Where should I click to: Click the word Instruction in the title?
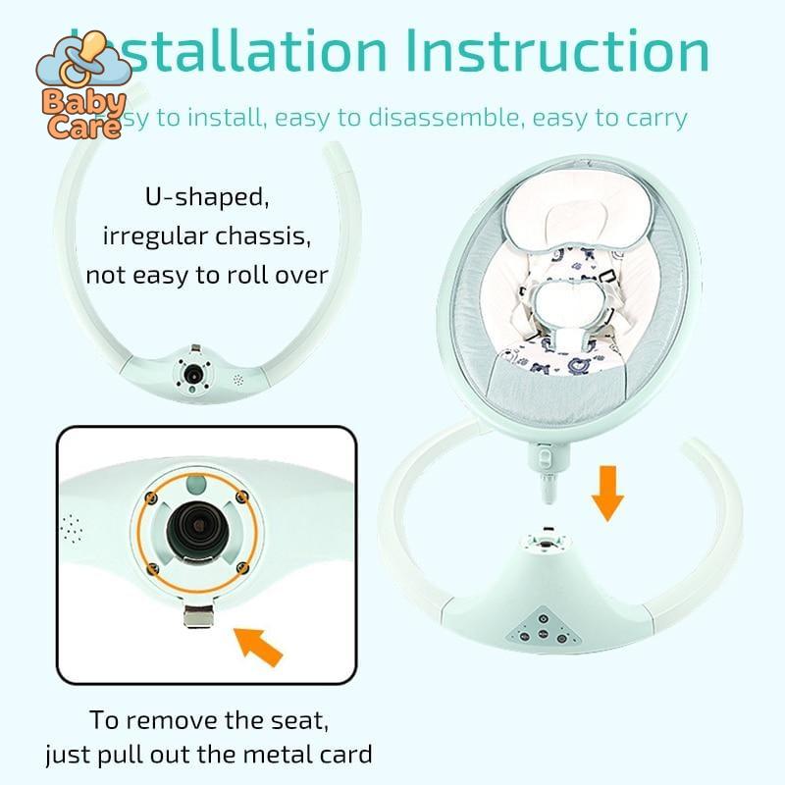click(x=557, y=51)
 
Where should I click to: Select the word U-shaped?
click(x=207, y=197)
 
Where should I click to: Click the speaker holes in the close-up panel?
click(x=70, y=527)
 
